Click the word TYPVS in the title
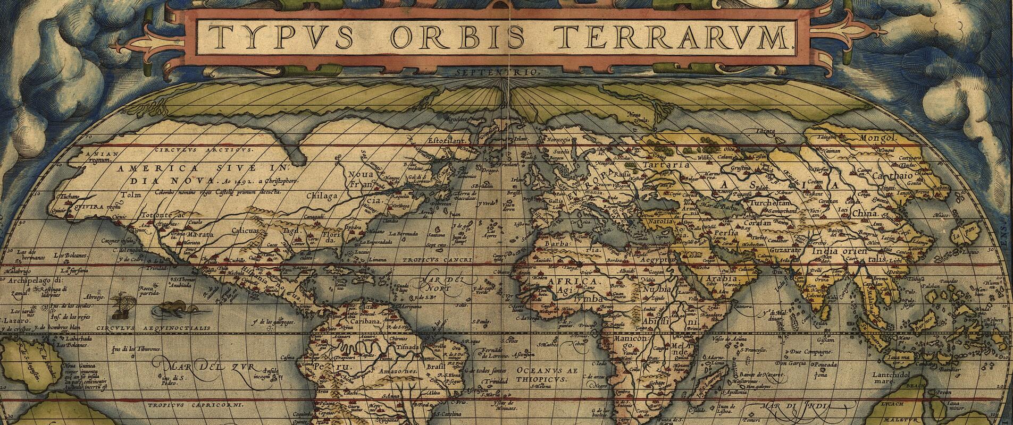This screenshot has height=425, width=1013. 280,37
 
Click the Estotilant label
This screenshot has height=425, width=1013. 447,141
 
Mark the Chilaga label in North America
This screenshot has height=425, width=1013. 322,195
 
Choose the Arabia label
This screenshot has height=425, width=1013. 721,278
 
